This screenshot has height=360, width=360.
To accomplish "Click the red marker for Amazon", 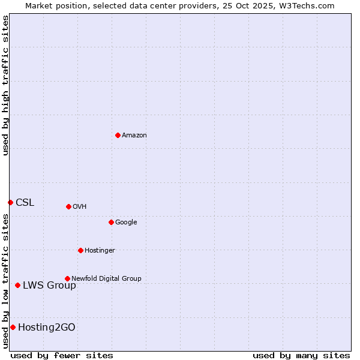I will [118, 135].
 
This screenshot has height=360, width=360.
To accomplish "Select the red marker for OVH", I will [68, 206].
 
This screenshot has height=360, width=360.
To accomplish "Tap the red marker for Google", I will [111, 222].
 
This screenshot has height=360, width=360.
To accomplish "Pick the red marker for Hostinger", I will [80, 250].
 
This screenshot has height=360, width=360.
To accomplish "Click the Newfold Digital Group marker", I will [67, 278].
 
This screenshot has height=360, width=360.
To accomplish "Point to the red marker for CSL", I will [10, 202].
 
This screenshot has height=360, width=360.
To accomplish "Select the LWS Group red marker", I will [17, 285].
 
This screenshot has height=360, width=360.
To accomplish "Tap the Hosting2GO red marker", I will [13, 327].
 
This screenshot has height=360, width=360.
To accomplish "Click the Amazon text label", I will [134, 136].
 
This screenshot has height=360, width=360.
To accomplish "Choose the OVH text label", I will [80, 207].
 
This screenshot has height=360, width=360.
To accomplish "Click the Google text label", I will [126, 223].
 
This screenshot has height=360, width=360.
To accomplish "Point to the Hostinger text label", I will [100, 251].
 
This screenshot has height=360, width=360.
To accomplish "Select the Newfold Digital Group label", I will [106, 279].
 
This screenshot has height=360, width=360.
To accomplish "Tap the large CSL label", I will [25, 203].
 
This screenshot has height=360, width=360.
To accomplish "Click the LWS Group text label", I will [49, 286].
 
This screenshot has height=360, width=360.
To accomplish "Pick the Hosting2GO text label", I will [47, 328].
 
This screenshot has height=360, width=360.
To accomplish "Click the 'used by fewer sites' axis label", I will [62, 355].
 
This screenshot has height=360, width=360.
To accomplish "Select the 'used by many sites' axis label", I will [301, 355].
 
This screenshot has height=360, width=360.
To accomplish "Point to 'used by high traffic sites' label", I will [5, 85].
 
